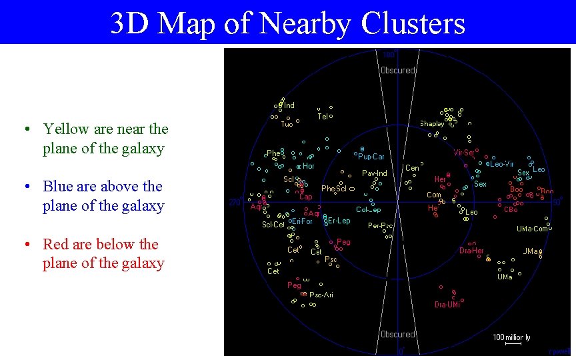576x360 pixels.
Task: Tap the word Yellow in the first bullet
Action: [65, 129]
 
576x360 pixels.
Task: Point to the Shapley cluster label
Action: [432, 124]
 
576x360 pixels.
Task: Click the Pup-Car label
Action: [371, 157]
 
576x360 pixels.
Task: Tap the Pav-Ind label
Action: [374, 173]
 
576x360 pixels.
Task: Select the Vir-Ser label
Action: [464, 153]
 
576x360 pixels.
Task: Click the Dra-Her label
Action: [471, 251]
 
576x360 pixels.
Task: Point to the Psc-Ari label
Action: [322, 295]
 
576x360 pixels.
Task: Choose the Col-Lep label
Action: [368, 209]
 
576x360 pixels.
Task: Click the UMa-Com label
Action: [532, 229]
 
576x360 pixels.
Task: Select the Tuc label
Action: [287, 124]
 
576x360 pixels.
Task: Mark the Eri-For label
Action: [301, 221]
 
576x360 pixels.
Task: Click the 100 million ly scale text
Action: [512, 337]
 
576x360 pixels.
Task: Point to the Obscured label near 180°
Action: [397, 70]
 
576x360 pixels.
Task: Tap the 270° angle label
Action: [235, 202]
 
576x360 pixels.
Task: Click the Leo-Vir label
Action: [501, 164]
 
